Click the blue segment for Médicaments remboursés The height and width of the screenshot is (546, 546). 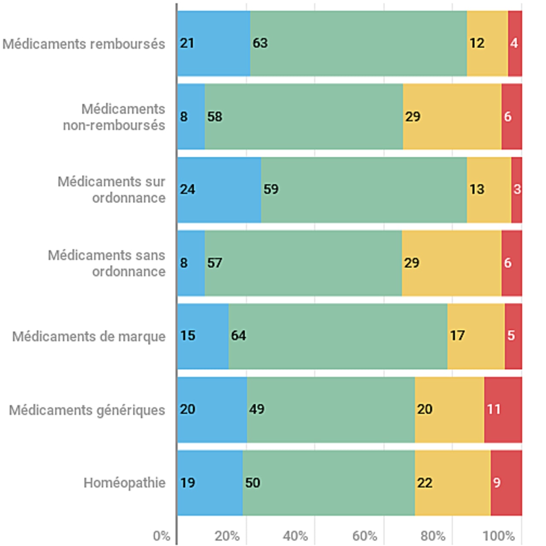click(214, 44)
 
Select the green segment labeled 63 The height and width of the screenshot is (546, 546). click(358, 44)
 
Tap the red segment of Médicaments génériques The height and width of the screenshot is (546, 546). click(503, 409)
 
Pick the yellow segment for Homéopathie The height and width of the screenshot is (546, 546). click(453, 483)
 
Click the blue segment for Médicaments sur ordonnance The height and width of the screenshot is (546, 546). click(219, 190)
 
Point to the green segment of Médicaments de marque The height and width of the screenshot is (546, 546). click(338, 336)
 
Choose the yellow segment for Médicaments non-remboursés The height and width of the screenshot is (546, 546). click(452, 116)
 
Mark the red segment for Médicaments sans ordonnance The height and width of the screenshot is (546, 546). click(511, 263)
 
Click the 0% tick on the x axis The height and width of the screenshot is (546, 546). click(162, 536)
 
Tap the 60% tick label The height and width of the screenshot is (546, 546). click(365, 536)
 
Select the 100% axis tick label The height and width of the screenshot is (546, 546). click(498, 536)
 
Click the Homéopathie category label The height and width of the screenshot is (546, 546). click(125, 483)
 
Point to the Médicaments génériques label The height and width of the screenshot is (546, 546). click(87, 410)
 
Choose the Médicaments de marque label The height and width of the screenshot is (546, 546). click(89, 337)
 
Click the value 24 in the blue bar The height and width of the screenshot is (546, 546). click(187, 189)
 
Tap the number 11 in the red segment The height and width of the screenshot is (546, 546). click(494, 409)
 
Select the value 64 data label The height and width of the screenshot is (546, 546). click(238, 336)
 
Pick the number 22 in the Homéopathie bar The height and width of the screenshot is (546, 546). click(425, 483)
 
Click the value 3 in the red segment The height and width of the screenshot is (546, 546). click(517, 189)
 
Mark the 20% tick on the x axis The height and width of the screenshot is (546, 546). click(227, 536)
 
